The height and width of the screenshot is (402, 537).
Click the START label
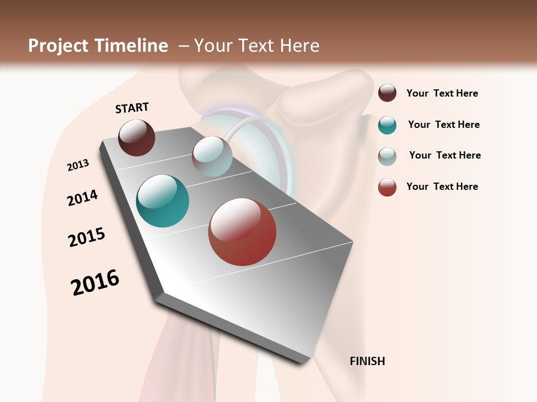point(132,108)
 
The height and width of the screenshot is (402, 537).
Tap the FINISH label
point(368,361)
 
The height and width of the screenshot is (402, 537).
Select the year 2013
point(78,165)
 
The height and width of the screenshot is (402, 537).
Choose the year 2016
point(95,283)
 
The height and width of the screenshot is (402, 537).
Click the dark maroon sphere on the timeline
point(136,137)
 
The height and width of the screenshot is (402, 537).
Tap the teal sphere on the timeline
point(162,201)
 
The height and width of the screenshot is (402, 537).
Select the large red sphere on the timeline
point(242,232)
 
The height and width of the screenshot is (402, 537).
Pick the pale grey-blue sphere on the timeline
point(212,156)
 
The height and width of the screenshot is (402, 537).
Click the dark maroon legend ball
point(387,93)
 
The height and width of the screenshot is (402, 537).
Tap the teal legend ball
point(387,125)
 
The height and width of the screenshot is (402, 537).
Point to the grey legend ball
point(387,156)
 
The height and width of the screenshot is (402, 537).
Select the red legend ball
point(387,187)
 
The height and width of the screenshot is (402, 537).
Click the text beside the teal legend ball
point(444,125)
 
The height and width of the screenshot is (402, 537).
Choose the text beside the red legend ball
point(442,186)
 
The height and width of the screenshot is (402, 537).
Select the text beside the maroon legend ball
point(442,93)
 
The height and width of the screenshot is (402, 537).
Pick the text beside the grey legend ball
point(445,155)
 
